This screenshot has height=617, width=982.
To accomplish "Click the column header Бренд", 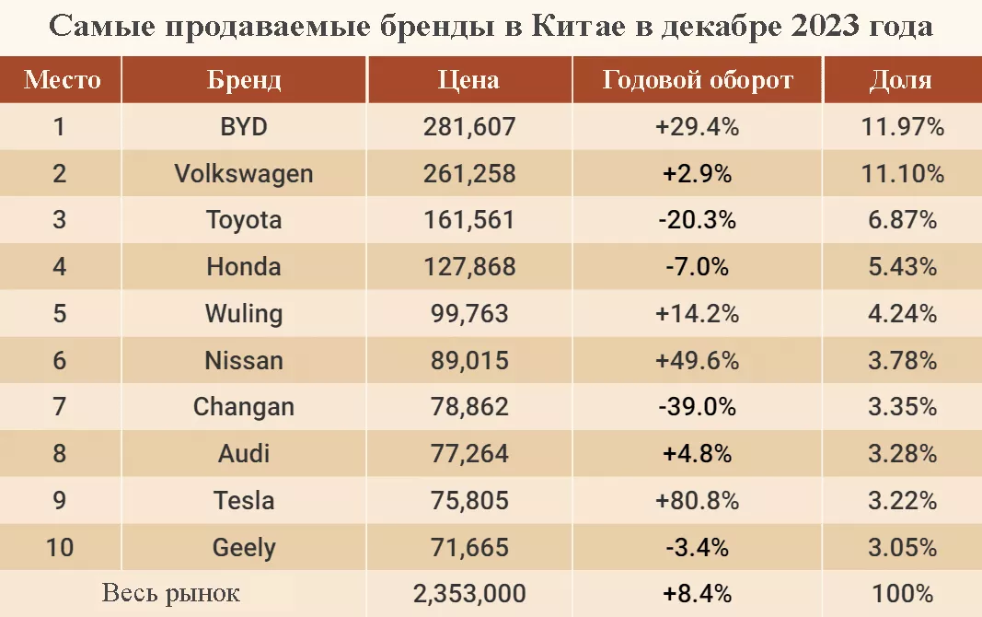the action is (x=244, y=80).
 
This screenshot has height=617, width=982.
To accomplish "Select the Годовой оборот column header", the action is (x=698, y=80).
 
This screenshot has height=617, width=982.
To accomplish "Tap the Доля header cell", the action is (x=901, y=80).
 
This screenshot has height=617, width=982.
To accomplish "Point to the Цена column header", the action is (x=468, y=80).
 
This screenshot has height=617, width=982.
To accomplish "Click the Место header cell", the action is (x=62, y=80).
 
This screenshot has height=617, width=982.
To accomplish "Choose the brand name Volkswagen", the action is (x=244, y=173).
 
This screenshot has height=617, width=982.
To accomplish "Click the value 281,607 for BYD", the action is (x=469, y=126).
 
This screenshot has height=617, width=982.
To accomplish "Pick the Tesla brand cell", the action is (x=244, y=500).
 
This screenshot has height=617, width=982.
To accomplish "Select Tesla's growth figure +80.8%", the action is (x=697, y=500).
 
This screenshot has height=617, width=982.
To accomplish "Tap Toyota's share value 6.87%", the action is (x=903, y=220).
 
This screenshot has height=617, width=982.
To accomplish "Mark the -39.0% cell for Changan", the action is (x=697, y=407).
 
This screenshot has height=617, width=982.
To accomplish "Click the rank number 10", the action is (x=60, y=547).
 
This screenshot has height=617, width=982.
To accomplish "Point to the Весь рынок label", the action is (x=171, y=592).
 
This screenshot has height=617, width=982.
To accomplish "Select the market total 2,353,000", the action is (x=469, y=594).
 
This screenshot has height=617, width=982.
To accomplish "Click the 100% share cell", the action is (x=903, y=594).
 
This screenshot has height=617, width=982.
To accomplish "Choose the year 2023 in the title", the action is (x=826, y=27).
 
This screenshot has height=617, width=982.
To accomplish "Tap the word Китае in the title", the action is (x=578, y=27).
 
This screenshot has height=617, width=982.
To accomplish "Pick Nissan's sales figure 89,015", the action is (x=469, y=361).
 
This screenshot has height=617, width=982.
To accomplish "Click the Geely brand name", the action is (x=244, y=548).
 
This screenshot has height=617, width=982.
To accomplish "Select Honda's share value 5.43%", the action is (x=903, y=267).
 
